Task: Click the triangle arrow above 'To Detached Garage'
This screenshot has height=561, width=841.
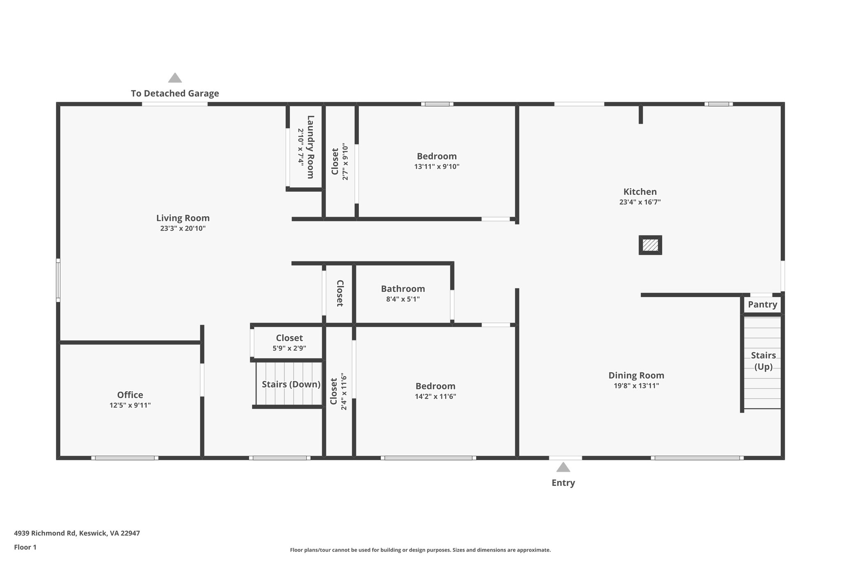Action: pos(175,78)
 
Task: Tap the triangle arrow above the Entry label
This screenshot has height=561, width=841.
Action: pos(563,467)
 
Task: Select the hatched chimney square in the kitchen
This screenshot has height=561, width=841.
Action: pos(650,245)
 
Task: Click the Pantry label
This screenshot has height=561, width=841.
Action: pos(762,305)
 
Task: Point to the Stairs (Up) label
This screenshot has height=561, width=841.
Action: pos(763,361)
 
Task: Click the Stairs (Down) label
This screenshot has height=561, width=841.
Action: pos(291,384)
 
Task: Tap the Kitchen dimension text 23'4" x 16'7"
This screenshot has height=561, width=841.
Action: pos(640,202)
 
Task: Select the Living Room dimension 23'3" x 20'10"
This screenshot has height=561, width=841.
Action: pos(183,229)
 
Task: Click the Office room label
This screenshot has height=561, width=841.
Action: pos(130,395)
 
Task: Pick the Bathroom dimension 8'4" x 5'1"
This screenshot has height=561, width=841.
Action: pos(402,299)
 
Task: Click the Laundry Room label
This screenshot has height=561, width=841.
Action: pos(311,147)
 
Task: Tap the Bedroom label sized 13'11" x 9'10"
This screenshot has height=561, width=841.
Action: pos(437,156)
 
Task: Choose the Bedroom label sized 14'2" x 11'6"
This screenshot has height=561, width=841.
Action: pos(435,386)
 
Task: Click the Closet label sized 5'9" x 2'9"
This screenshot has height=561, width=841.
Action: pos(289,338)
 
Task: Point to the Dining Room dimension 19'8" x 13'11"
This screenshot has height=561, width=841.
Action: pos(636,386)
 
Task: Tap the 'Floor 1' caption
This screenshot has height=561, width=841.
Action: pos(25,547)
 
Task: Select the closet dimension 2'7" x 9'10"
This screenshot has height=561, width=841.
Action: pos(345,162)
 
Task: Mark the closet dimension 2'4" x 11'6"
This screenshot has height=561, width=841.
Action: pos(344,391)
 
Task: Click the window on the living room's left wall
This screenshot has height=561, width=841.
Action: pos(58,280)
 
